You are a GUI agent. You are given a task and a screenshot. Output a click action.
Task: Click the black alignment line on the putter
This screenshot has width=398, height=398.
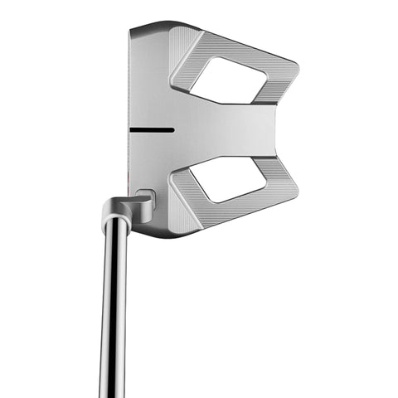tap(152, 130)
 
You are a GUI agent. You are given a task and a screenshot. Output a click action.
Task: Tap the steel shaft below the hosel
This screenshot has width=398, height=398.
tap(114, 315)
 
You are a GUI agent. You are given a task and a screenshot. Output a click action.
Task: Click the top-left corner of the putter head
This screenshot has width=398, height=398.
tap(132, 27)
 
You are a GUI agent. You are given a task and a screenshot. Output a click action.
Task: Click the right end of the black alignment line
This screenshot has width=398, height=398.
tap(173, 130)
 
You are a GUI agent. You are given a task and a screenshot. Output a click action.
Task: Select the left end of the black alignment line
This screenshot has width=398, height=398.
tap(131, 130)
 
